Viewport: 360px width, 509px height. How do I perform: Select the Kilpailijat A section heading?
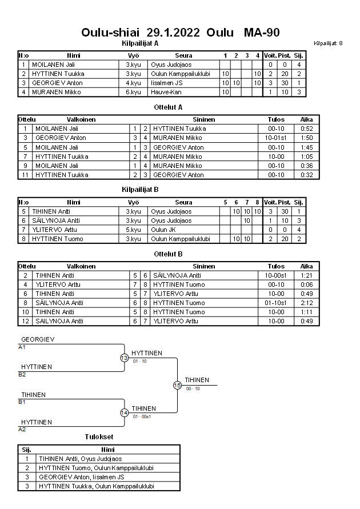coord(140,43)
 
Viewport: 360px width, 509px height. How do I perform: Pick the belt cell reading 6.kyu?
coord(133,92)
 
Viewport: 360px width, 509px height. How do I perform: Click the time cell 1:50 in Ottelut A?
coord(306,138)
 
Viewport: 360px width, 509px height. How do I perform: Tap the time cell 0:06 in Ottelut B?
coord(306,284)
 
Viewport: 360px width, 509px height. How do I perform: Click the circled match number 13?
coord(124,358)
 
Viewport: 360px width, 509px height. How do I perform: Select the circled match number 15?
coord(177,386)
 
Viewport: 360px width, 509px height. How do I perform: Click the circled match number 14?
coord(124,413)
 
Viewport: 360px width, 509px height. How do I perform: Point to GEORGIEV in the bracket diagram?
coord(38,339)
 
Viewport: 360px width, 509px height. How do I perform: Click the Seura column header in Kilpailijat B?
coord(183,202)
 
